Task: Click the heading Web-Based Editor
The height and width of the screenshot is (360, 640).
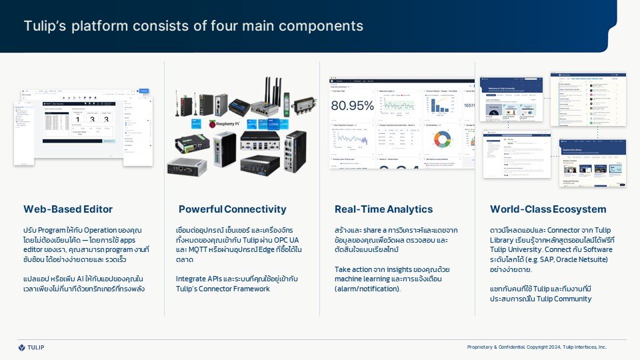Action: pyautogui.click(x=68, y=209)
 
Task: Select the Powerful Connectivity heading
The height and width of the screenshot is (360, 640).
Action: pyautogui.click(x=232, y=209)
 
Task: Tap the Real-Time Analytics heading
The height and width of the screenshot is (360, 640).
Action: pyautogui.click(x=383, y=209)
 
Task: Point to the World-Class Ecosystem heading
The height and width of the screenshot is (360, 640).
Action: pyautogui.click(x=548, y=209)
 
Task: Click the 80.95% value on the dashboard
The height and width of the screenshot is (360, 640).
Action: pyautogui.click(x=353, y=105)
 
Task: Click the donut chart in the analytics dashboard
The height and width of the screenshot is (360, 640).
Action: pyautogui.click(x=441, y=139)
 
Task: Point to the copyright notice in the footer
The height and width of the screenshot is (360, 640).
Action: pyautogui.click(x=537, y=347)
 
